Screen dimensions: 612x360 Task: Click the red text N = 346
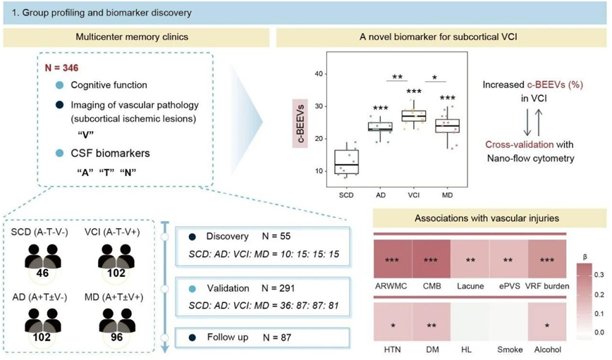point(61,68)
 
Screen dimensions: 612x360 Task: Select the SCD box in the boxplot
point(347,162)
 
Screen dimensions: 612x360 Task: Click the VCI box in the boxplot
point(414,116)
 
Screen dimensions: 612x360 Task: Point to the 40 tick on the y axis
point(319,74)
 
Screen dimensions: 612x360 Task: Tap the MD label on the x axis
point(447,194)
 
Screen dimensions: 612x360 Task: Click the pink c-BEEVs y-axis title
point(300,124)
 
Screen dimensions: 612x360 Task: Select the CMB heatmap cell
point(431,259)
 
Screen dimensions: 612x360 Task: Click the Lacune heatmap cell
point(470,259)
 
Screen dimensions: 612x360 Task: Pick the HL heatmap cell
point(470,322)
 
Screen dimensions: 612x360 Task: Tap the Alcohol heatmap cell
point(547,322)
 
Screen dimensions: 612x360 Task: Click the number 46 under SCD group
point(42,273)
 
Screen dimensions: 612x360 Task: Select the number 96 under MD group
point(116,337)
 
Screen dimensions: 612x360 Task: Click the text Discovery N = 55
point(248,236)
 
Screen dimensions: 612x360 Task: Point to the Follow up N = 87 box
point(262,337)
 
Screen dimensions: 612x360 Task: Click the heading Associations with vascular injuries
point(486,218)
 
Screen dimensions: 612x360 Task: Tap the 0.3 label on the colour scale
point(599,275)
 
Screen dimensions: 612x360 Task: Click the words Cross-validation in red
point(519,144)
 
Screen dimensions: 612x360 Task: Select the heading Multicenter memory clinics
point(132,37)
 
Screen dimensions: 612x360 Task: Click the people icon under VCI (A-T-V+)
point(116,256)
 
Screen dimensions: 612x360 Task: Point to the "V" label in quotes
point(86,134)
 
